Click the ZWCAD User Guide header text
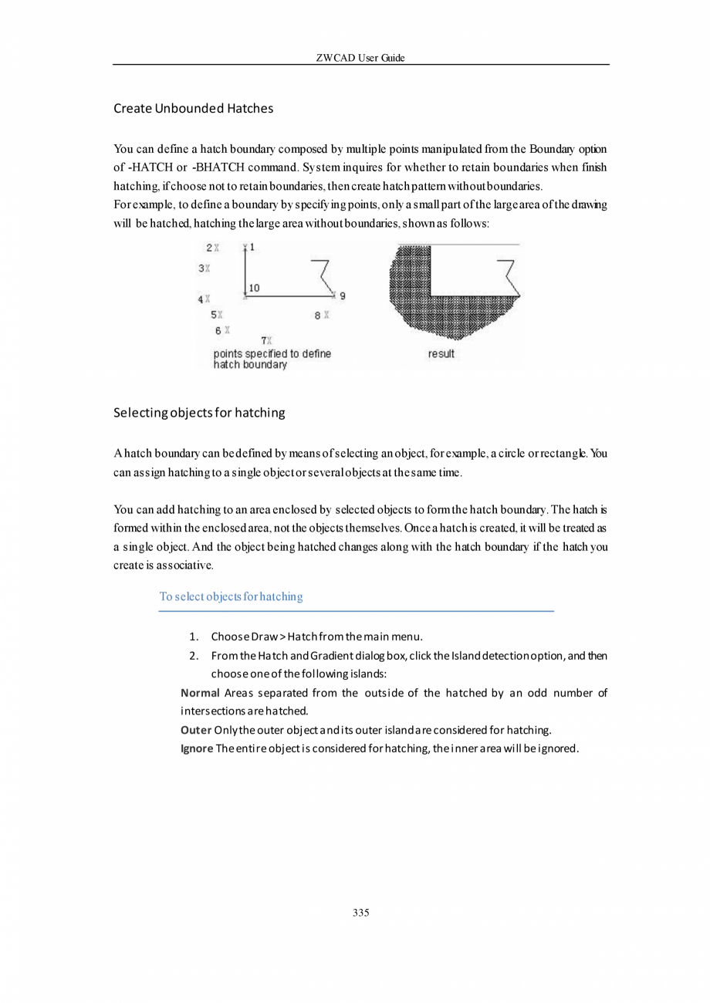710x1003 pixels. click(360, 59)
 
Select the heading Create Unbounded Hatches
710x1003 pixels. click(193, 108)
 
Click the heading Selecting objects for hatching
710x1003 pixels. click(199, 413)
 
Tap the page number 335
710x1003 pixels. click(360, 913)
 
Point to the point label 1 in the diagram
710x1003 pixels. click(252, 247)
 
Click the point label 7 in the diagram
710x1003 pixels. click(264, 339)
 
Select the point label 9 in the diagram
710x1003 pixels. click(343, 295)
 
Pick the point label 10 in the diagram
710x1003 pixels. click(254, 287)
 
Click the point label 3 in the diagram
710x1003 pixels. click(201, 268)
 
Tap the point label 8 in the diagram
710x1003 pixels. click(317, 315)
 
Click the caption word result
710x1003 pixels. click(441, 354)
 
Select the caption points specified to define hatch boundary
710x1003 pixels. click(272, 359)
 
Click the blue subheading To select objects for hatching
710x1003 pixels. click(231, 596)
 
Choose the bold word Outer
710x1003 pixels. click(196, 729)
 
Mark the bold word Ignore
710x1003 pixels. click(197, 748)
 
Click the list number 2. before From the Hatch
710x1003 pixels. click(194, 656)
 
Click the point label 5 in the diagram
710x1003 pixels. click(213, 315)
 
